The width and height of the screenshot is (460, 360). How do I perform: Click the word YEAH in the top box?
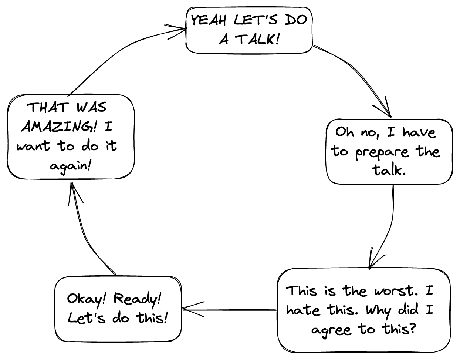(x=209, y=20)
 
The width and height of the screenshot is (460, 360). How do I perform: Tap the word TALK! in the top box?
(x=257, y=39)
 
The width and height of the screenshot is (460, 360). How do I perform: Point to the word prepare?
(x=382, y=152)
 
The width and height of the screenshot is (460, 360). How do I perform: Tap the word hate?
(x=303, y=310)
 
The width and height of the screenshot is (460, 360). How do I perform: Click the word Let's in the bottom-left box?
(x=87, y=318)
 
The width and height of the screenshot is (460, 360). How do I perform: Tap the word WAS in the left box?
(x=91, y=107)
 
